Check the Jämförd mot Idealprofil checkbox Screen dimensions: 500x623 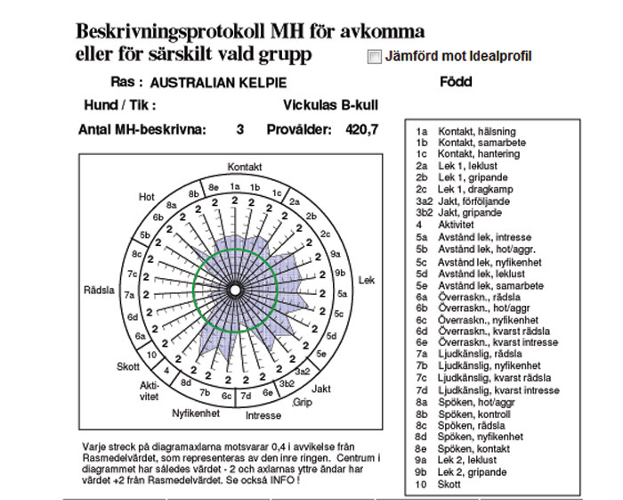pos(375,57)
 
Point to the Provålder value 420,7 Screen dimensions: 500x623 pos(362,129)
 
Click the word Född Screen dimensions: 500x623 pos(456,82)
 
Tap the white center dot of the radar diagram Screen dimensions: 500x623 pos(234,291)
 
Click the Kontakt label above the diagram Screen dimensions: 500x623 pos(245,168)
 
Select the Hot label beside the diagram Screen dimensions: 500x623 pos(147,197)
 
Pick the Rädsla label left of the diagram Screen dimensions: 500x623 pos(98,291)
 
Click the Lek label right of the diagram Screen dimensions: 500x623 pos(366,281)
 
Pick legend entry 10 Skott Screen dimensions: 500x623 pos(449,484)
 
